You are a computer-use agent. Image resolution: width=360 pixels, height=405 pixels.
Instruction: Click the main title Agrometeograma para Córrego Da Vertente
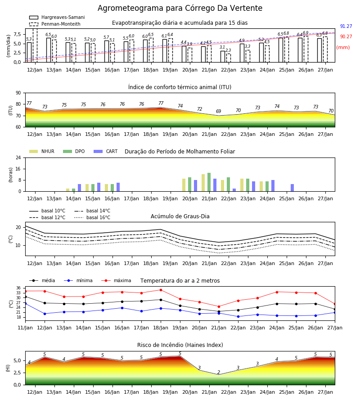tap(180, 8)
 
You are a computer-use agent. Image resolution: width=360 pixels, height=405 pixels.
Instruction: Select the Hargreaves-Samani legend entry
tap(57, 17)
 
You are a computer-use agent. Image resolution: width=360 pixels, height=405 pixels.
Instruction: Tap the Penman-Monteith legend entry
tap(55, 24)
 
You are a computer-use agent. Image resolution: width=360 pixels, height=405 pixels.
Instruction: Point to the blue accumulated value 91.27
tap(346, 27)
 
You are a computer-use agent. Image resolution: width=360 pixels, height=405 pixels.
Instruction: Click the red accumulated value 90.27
tap(346, 37)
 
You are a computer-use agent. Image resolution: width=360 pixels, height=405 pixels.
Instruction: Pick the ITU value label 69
tap(219, 111)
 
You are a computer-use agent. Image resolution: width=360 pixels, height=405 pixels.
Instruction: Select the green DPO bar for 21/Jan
tap(209, 182)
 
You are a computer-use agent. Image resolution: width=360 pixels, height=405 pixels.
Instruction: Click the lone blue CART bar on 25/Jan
tap(292, 188)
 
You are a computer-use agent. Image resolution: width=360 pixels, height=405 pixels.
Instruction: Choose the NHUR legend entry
tap(42, 151)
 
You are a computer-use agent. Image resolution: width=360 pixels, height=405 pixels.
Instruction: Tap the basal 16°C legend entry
tap(92, 217)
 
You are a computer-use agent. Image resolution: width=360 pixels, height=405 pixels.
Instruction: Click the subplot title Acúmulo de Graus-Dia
tap(180, 216)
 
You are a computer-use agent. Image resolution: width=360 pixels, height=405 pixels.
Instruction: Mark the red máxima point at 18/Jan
tap(161, 290)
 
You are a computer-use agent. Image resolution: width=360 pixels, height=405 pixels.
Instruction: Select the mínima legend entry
tap(78, 280)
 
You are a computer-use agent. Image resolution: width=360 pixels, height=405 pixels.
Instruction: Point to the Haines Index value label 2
tap(219, 372)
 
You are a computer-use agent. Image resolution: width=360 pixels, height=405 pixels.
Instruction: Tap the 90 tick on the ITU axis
tap(18, 93)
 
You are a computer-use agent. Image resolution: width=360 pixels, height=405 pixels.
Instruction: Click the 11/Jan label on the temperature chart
tap(25, 328)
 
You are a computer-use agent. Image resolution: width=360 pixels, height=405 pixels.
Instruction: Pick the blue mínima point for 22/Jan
tap(238, 316)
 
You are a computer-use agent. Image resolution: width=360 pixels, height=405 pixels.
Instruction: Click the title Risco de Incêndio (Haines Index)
tap(180, 345)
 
